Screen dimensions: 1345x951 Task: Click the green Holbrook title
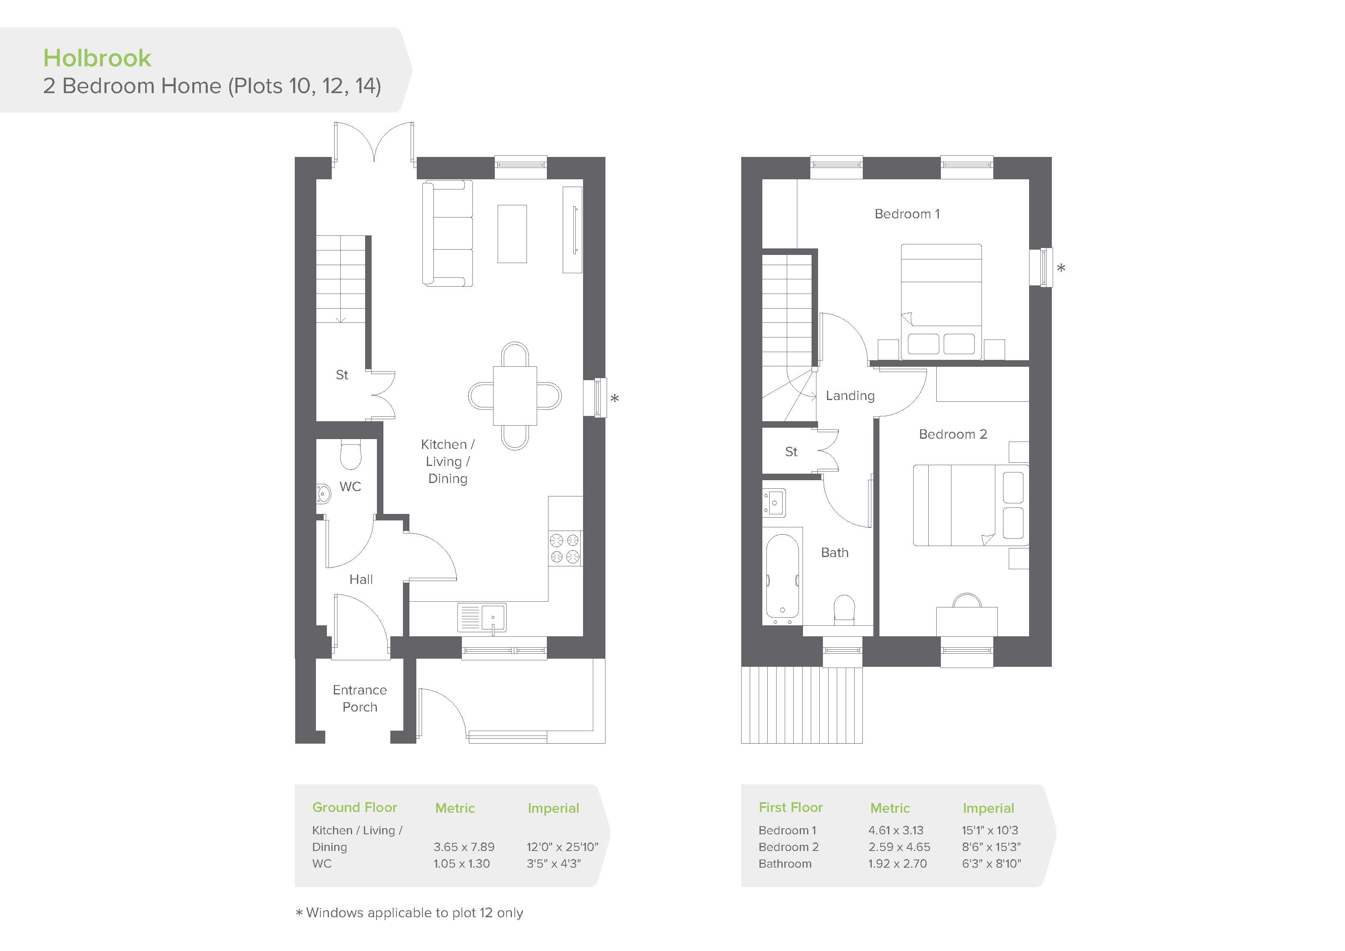97,58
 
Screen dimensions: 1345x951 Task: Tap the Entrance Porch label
360,699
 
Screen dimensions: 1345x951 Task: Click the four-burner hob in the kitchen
565,548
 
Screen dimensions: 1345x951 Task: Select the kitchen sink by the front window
481,618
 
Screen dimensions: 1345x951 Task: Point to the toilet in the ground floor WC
350,454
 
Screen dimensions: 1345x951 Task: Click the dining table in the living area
515,396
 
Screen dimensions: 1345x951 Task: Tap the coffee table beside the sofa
512,234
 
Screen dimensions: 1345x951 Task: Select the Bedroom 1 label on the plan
907,214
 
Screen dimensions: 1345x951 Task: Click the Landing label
850,396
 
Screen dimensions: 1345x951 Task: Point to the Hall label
361,579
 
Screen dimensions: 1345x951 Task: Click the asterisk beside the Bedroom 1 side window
1061,268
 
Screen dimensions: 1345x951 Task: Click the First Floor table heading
791,807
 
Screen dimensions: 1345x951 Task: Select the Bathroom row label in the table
785,864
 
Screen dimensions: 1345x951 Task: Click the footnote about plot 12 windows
409,913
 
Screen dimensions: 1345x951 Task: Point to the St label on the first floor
791,452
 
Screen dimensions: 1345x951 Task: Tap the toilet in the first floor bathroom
844,609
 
